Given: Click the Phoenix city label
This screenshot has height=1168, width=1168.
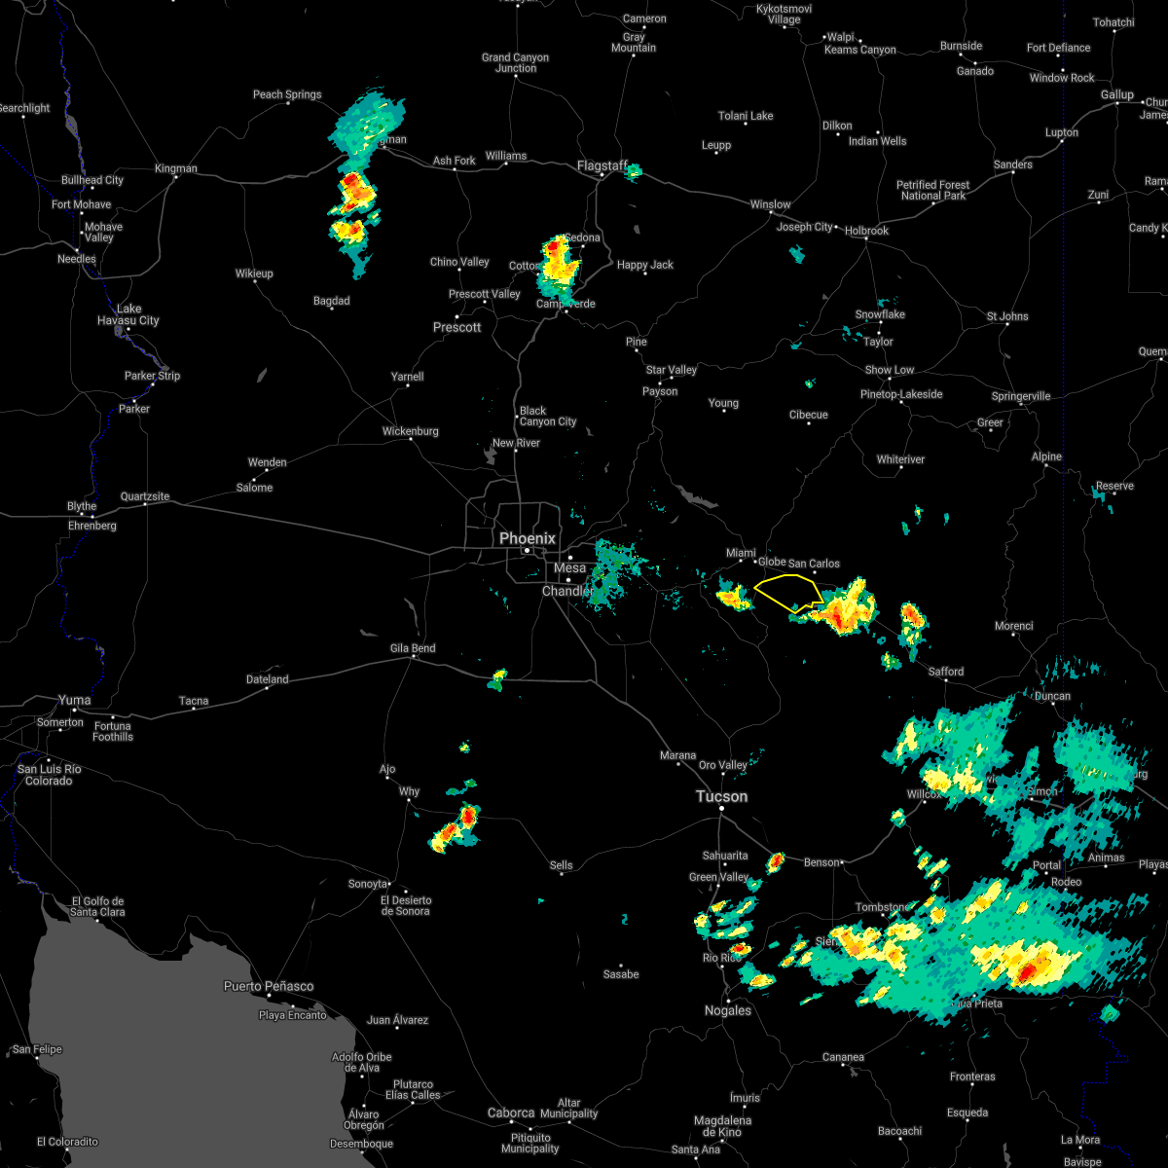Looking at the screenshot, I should pyautogui.click(x=527, y=538).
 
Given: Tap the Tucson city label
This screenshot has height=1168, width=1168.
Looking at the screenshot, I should pyautogui.click(x=721, y=796).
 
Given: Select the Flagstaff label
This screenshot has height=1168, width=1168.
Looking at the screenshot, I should pyautogui.click(x=602, y=165).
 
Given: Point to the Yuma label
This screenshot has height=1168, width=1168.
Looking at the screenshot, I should pyautogui.click(x=74, y=699).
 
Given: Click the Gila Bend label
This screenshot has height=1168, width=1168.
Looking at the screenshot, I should pyautogui.click(x=413, y=648).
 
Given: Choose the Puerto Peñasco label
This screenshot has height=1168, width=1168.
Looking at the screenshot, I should pyautogui.click(x=269, y=986).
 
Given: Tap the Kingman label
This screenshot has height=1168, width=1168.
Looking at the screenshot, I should pyautogui.click(x=176, y=168).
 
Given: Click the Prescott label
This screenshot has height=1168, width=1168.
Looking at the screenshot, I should pyautogui.click(x=457, y=327).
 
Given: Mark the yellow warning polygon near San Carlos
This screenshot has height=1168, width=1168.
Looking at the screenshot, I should pyautogui.click(x=786, y=592).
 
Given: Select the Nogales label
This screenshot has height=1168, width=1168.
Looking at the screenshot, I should pyautogui.click(x=728, y=1010).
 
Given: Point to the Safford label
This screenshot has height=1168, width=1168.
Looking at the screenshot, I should pyautogui.click(x=945, y=672).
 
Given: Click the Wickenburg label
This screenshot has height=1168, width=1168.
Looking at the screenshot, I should pyautogui.click(x=412, y=431).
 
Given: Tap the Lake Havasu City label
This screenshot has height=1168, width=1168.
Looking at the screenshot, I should pyautogui.click(x=128, y=314).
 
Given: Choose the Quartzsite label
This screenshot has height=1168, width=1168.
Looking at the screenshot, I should pyautogui.click(x=145, y=496).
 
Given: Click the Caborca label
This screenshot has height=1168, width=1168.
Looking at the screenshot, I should pyautogui.click(x=511, y=1113).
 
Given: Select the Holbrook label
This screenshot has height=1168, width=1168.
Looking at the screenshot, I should pyautogui.click(x=866, y=231).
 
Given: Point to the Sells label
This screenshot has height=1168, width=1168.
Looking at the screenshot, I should pyautogui.click(x=562, y=865).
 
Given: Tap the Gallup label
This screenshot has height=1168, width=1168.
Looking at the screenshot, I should pyautogui.click(x=1117, y=94).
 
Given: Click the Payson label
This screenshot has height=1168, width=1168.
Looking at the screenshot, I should pyautogui.click(x=660, y=391).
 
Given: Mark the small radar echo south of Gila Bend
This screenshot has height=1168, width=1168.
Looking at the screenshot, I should pyautogui.click(x=497, y=678).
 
